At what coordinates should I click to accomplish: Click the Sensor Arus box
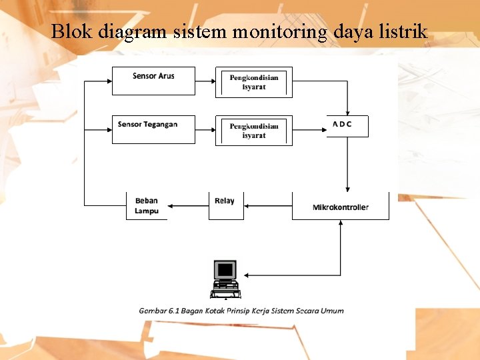point(153,81)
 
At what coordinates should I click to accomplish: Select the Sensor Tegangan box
point(153,129)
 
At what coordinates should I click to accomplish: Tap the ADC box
point(347,126)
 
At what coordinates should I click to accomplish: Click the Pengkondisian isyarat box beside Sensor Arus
point(254,82)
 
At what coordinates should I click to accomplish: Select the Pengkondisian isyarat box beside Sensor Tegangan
point(254,130)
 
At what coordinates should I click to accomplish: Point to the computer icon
point(225,279)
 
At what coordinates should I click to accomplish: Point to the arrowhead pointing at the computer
point(247,275)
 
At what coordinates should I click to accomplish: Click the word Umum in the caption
point(331,311)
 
